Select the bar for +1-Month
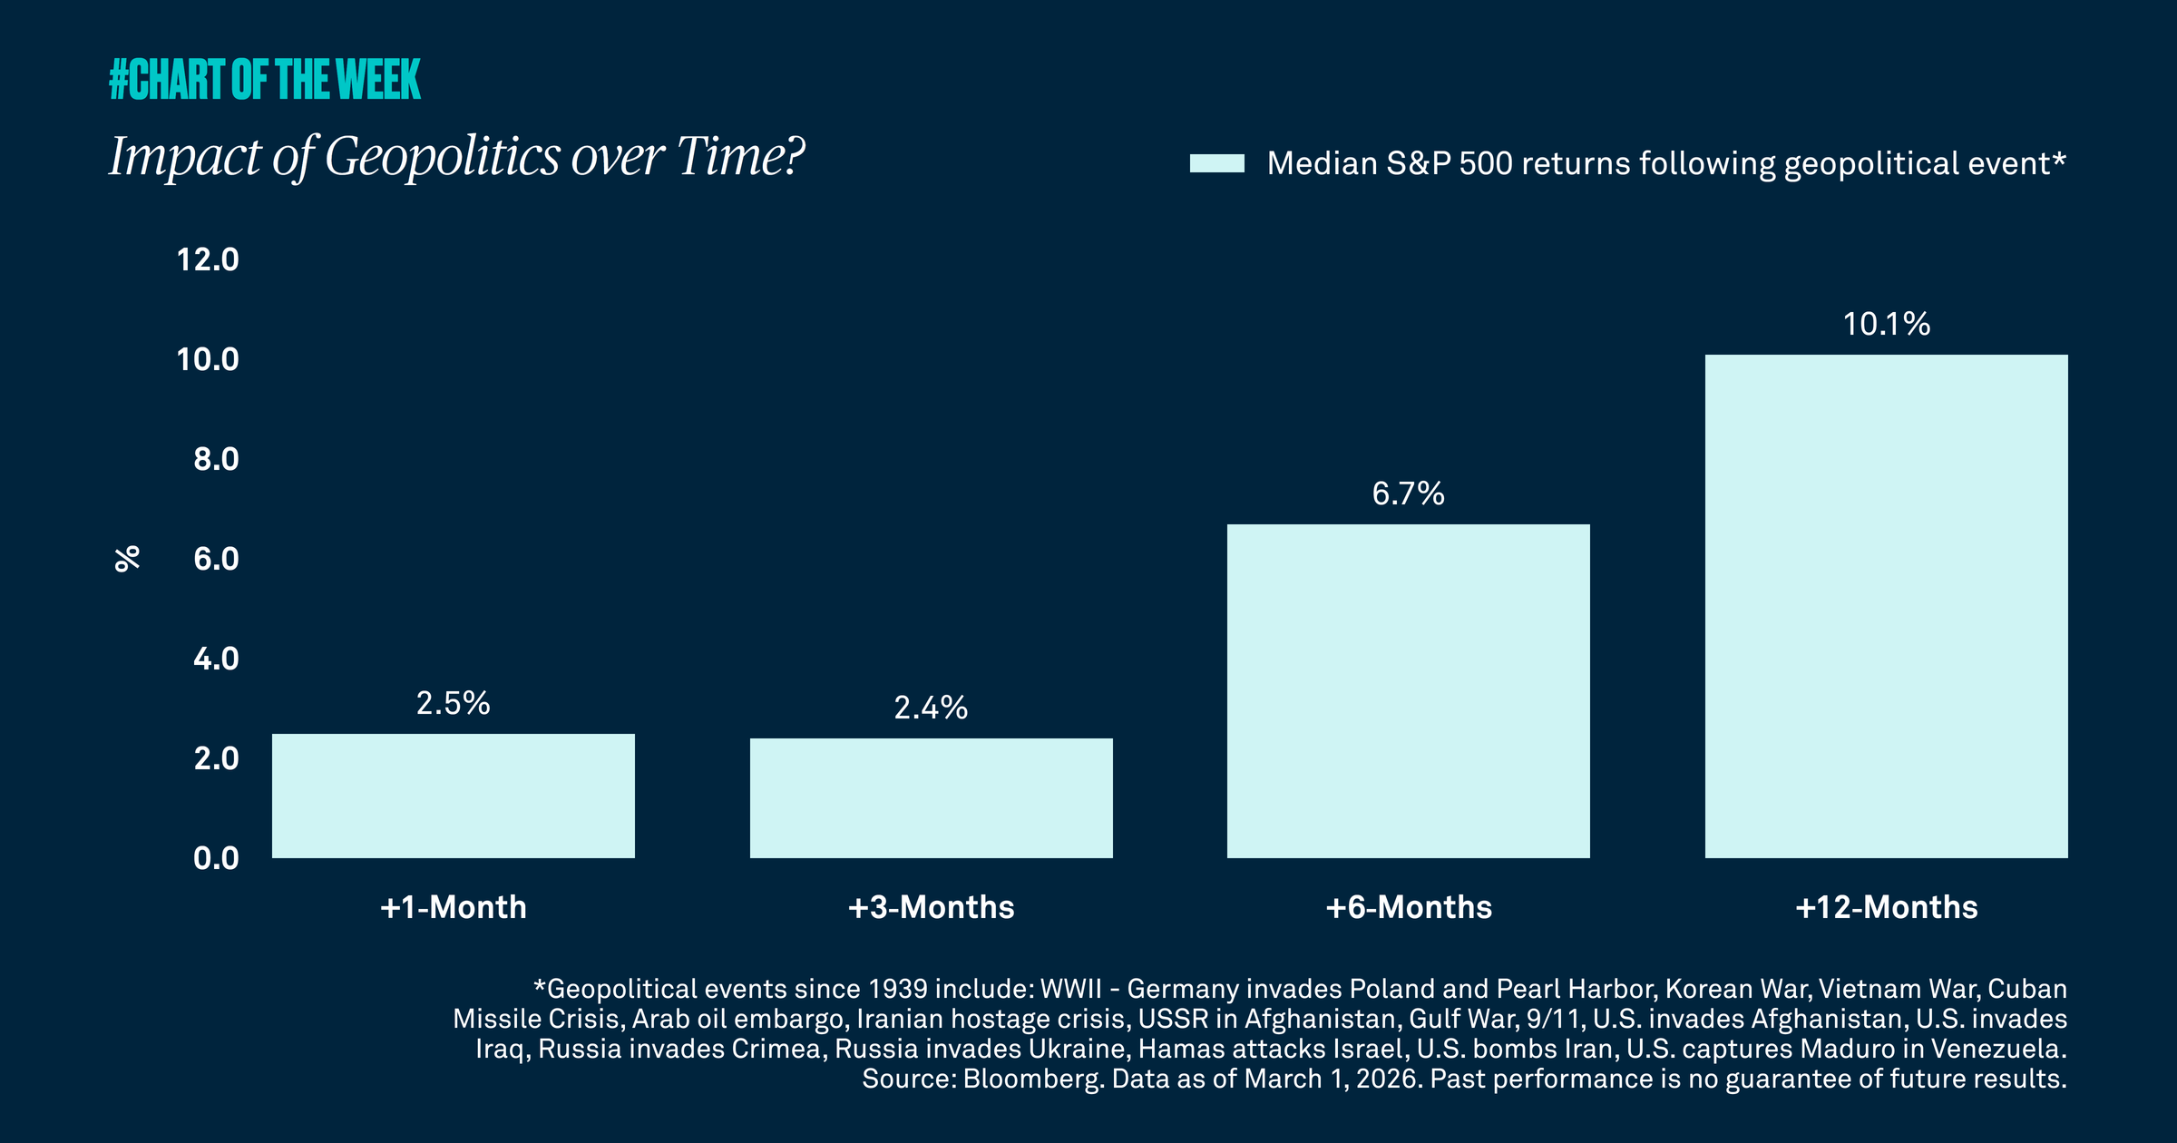pyautogui.click(x=454, y=796)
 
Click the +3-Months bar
pyautogui.click(x=932, y=797)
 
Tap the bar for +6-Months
pyautogui.click(x=1409, y=690)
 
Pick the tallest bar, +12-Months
pyautogui.click(x=1886, y=606)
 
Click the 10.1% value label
pyautogui.click(x=1886, y=324)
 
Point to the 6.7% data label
pyautogui.click(x=1408, y=493)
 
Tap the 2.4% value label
pyautogui.click(x=931, y=708)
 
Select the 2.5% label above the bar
pyautogui.click(x=453, y=703)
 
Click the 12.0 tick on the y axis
pyautogui.click(x=208, y=260)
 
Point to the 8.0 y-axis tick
pyautogui.click(x=216, y=459)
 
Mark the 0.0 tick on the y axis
pyautogui.click(x=216, y=858)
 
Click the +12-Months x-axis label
pyautogui.click(x=1886, y=907)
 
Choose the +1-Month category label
pyautogui.click(x=453, y=907)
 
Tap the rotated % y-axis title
pyautogui.click(x=128, y=559)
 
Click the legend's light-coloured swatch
pyautogui.click(x=1216, y=163)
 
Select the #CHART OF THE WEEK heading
pyautogui.click(x=265, y=80)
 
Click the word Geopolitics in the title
pyautogui.click(x=442, y=157)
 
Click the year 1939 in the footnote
pyautogui.click(x=898, y=989)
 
